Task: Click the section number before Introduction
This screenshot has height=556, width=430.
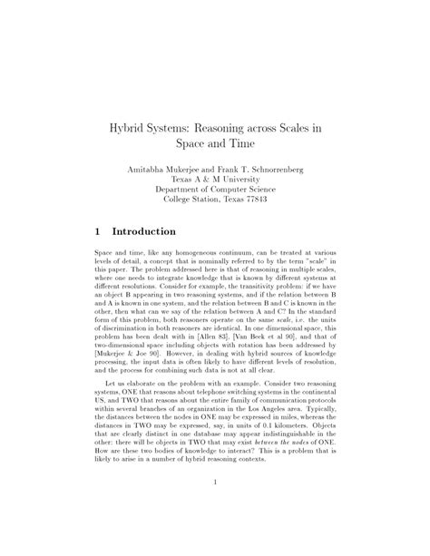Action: [x=99, y=232]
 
